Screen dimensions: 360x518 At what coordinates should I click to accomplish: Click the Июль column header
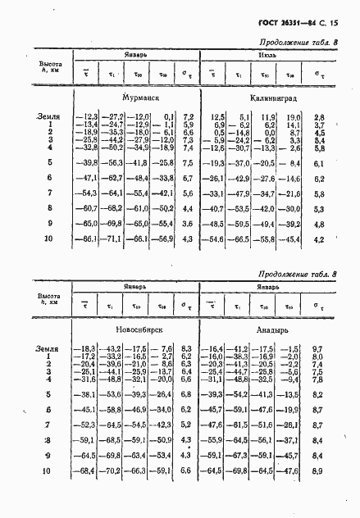coord(264,58)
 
